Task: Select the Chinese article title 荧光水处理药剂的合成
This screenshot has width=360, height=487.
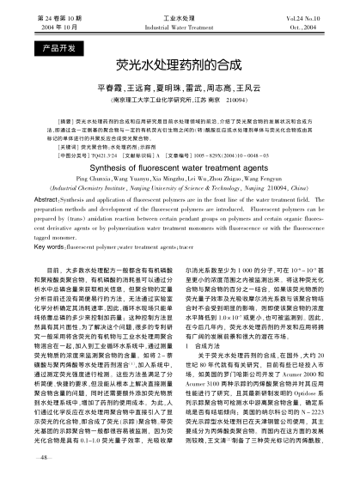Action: click(180, 65)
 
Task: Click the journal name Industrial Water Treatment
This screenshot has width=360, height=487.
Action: click(180, 27)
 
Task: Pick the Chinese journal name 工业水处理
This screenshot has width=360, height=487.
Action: click(180, 17)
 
